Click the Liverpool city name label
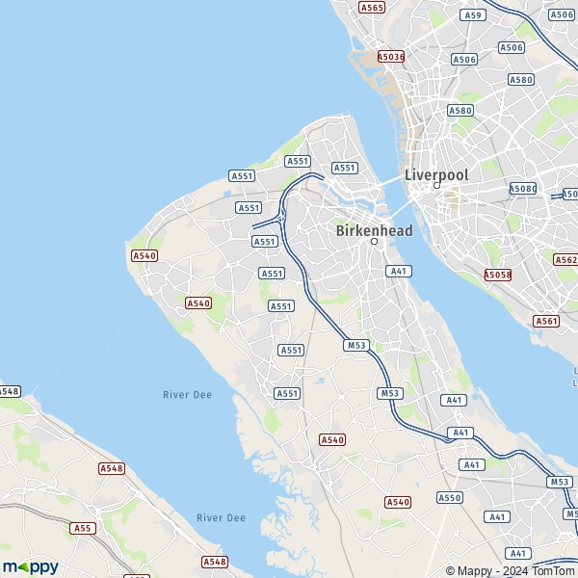click(436, 174)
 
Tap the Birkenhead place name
click(375, 231)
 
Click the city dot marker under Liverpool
click(435, 186)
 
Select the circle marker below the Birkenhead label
click(375, 242)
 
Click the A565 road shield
click(372, 7)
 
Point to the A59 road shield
click(472, 15)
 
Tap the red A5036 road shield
click(391, 57)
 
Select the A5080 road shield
click(523, 189)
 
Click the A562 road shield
click(566, 260)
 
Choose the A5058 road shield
click(498, 275)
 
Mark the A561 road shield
click(546, 321)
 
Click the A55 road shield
click(84, 528)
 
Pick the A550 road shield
click(450, 497)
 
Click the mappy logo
click(30, 566)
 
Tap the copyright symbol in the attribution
click(450, 570)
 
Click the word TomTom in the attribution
click(552, 570)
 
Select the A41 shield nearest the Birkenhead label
click(399, 272)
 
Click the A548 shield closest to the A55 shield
click(111, 468)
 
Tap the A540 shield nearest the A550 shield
click(398, 502)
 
